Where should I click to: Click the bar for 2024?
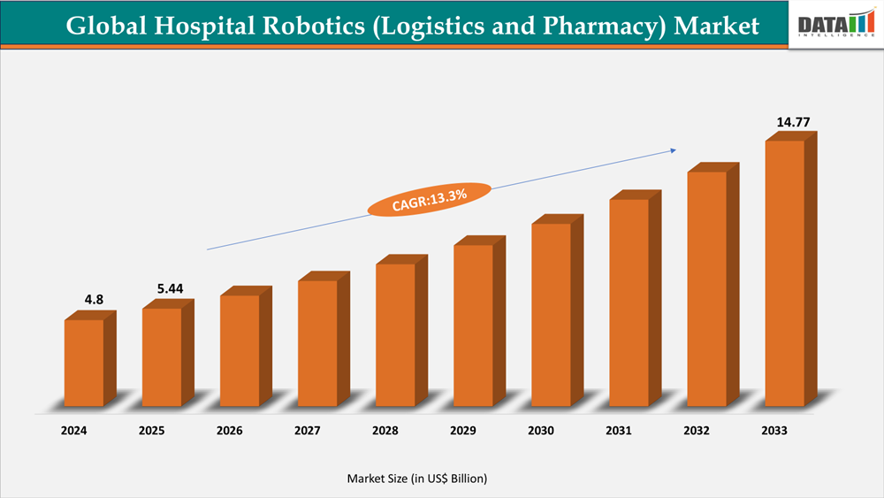click(x=84, y=363)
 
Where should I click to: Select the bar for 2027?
click(x=317, y=343)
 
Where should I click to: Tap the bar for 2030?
click(x=551, y=315)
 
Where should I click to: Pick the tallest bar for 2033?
click(x=784, y=272)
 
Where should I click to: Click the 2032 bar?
click(x=706, y=288)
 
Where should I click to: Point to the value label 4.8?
click(x=94, y=300)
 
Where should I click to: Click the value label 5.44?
click(x=171, y=288)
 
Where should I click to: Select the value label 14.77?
click(x=793, y=122)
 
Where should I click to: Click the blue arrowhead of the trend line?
click(x=671, y=150)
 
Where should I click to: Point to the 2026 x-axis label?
click(x=230, y=432)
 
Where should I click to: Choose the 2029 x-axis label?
click(x=463, y=432)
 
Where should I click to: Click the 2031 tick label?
click(x=619, y=432)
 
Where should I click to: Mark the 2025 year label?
click(x=152, y=432)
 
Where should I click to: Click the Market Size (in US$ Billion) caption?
click(x=416, y=479)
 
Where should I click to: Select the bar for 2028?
click(x=395, y=335)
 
